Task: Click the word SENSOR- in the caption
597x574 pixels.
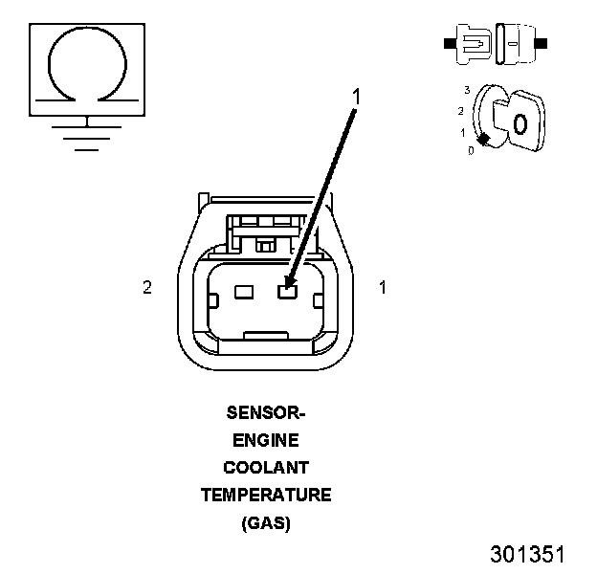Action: (265, 414)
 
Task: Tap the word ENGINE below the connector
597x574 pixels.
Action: (265, 441)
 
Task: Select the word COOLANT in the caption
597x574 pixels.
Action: (265, 469)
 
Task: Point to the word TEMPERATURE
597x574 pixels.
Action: (265, 496)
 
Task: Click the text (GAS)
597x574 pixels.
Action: (265, 523)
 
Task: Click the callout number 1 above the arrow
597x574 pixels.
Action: (356, 96)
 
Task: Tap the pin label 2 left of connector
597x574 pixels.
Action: (147, 287)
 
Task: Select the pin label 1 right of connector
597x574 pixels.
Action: (383, 287)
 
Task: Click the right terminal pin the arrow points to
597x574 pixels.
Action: (285, 293)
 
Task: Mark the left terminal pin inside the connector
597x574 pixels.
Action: (243, 293)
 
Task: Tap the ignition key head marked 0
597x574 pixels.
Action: (520, 123)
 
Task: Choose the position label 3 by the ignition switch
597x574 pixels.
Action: (466, 89)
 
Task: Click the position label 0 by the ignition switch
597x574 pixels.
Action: (471, 151)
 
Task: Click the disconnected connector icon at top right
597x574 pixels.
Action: (495, 44)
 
